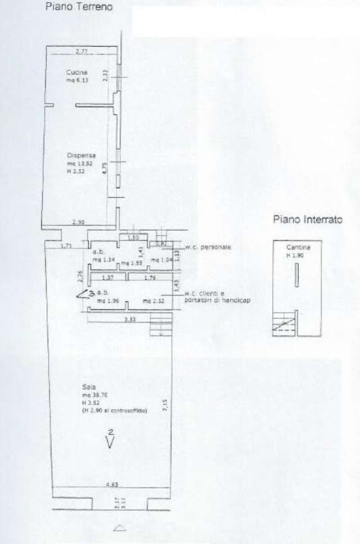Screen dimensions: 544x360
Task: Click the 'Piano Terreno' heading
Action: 78,7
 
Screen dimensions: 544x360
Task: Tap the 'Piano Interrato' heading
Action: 308,220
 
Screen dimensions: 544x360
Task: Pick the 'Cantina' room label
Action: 298,248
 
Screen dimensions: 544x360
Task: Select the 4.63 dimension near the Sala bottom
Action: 112,485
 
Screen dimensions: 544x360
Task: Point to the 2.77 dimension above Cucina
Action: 81,51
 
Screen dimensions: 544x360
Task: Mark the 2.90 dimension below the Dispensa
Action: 79,222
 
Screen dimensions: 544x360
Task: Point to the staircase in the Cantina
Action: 283,324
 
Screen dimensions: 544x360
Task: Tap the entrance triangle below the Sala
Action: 119,528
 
